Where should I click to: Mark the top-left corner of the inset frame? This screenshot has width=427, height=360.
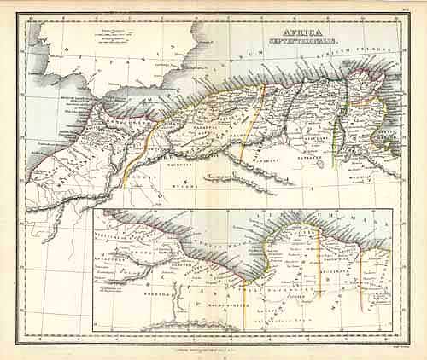93,209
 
